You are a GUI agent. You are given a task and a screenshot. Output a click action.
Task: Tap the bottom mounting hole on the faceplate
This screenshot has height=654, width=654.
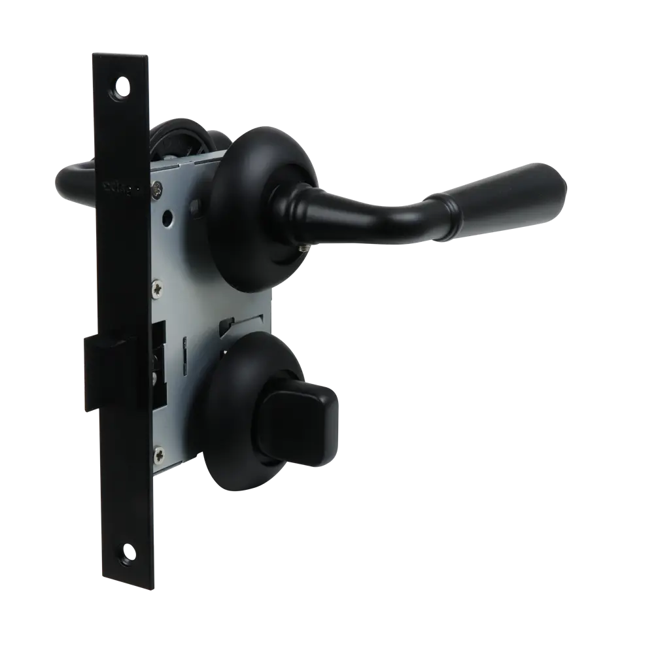click(x=124, y=552)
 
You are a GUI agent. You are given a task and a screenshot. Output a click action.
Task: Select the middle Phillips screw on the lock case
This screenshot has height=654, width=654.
click(x=158, y=286)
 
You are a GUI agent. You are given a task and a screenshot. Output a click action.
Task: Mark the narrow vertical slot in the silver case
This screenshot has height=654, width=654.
click(x=185, y=353)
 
